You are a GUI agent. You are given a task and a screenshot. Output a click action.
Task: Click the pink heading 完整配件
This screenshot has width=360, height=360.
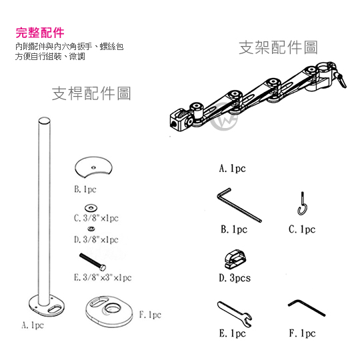(40, 33)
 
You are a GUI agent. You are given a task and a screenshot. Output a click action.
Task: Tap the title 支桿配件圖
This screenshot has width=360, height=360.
(91, 93)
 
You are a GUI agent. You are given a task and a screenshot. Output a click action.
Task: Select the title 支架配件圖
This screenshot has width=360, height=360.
(278, 47)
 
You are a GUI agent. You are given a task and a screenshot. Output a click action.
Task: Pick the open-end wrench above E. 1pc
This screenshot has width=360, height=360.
(235, 314)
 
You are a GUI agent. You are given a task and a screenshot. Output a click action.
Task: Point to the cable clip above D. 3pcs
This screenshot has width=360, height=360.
(235, 259)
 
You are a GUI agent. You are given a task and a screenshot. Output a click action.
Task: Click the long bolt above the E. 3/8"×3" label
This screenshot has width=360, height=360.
(93, 262)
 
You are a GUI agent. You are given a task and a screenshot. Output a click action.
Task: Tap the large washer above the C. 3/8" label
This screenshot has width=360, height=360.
(91, 208)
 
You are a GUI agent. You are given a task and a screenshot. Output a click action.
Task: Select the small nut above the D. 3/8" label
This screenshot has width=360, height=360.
(91, 229)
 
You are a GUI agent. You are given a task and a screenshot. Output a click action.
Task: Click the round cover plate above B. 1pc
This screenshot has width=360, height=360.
(93, 167)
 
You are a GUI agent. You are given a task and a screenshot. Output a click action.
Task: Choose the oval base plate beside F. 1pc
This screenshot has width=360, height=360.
(109, 311)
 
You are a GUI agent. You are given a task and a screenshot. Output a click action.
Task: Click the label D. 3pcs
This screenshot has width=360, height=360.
(235, 278)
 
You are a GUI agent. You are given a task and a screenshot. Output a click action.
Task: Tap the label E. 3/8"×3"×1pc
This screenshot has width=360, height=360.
(103, 277)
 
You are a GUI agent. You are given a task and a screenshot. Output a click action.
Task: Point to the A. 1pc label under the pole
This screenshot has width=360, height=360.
(33, 325)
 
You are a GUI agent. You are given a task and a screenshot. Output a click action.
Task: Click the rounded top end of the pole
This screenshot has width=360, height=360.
(44, 121)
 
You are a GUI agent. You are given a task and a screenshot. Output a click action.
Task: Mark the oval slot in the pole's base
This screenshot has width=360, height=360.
(54, 309)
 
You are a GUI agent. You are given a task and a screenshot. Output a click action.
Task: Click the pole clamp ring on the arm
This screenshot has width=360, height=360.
(324, 69)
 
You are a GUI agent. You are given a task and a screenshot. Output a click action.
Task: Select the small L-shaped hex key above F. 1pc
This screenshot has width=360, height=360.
(307, 307)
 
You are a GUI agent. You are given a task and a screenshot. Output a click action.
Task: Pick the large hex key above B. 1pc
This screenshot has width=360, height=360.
(239, 205)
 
